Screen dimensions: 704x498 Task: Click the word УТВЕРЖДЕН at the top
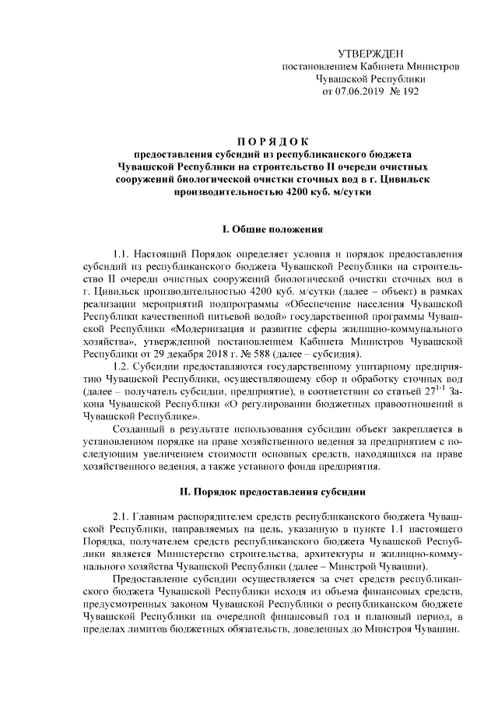[370, 53]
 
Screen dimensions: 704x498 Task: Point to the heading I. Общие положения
[272, 229]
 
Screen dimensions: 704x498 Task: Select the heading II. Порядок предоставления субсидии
[272, 492]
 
